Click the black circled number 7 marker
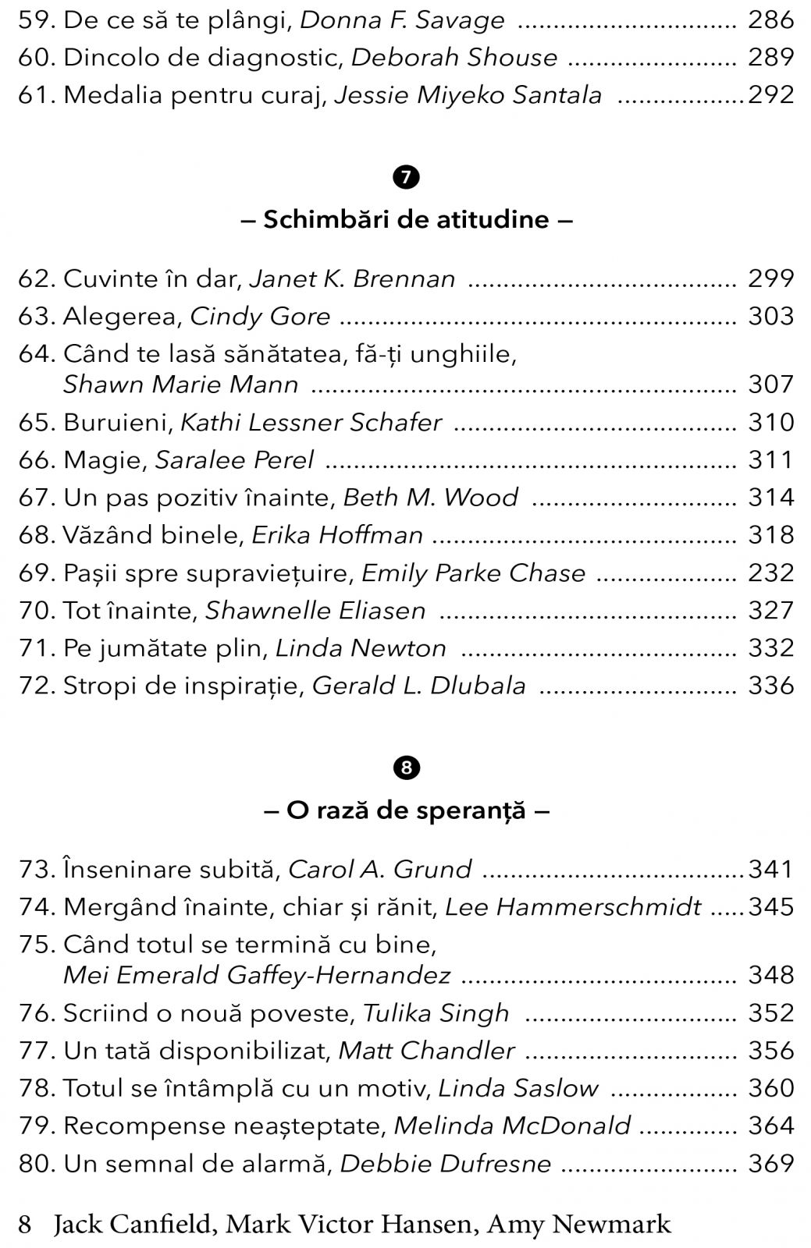pyautogui.click(x=406, y=177)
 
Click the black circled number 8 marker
pyautogui.click(x=406, y=768)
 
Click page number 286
pyautogui.click(x=770, y=19)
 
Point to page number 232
pyautogui.click(x=770, y=573)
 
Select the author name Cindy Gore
pyautogui.click(x=260, y=316)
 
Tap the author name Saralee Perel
pyautogui.click(x=234, y=459)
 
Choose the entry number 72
pyautogui.click(x=37, y=686)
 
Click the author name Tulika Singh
pyautogui.click(x=436, y=1012)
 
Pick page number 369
pyautogui.click(x=770, y=1163)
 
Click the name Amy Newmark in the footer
pyautogui.click(x=578, y=1224)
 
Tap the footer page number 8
pyautogui.click(x=25, y=1224)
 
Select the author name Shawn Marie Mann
pyautogui.click(x=180, y=385)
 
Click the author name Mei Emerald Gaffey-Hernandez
pyautogui.click(x=257, y=975)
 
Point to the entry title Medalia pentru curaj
pyautogui.click(x=194, y=95)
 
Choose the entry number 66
pyautogui.click(x=37, y=459)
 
